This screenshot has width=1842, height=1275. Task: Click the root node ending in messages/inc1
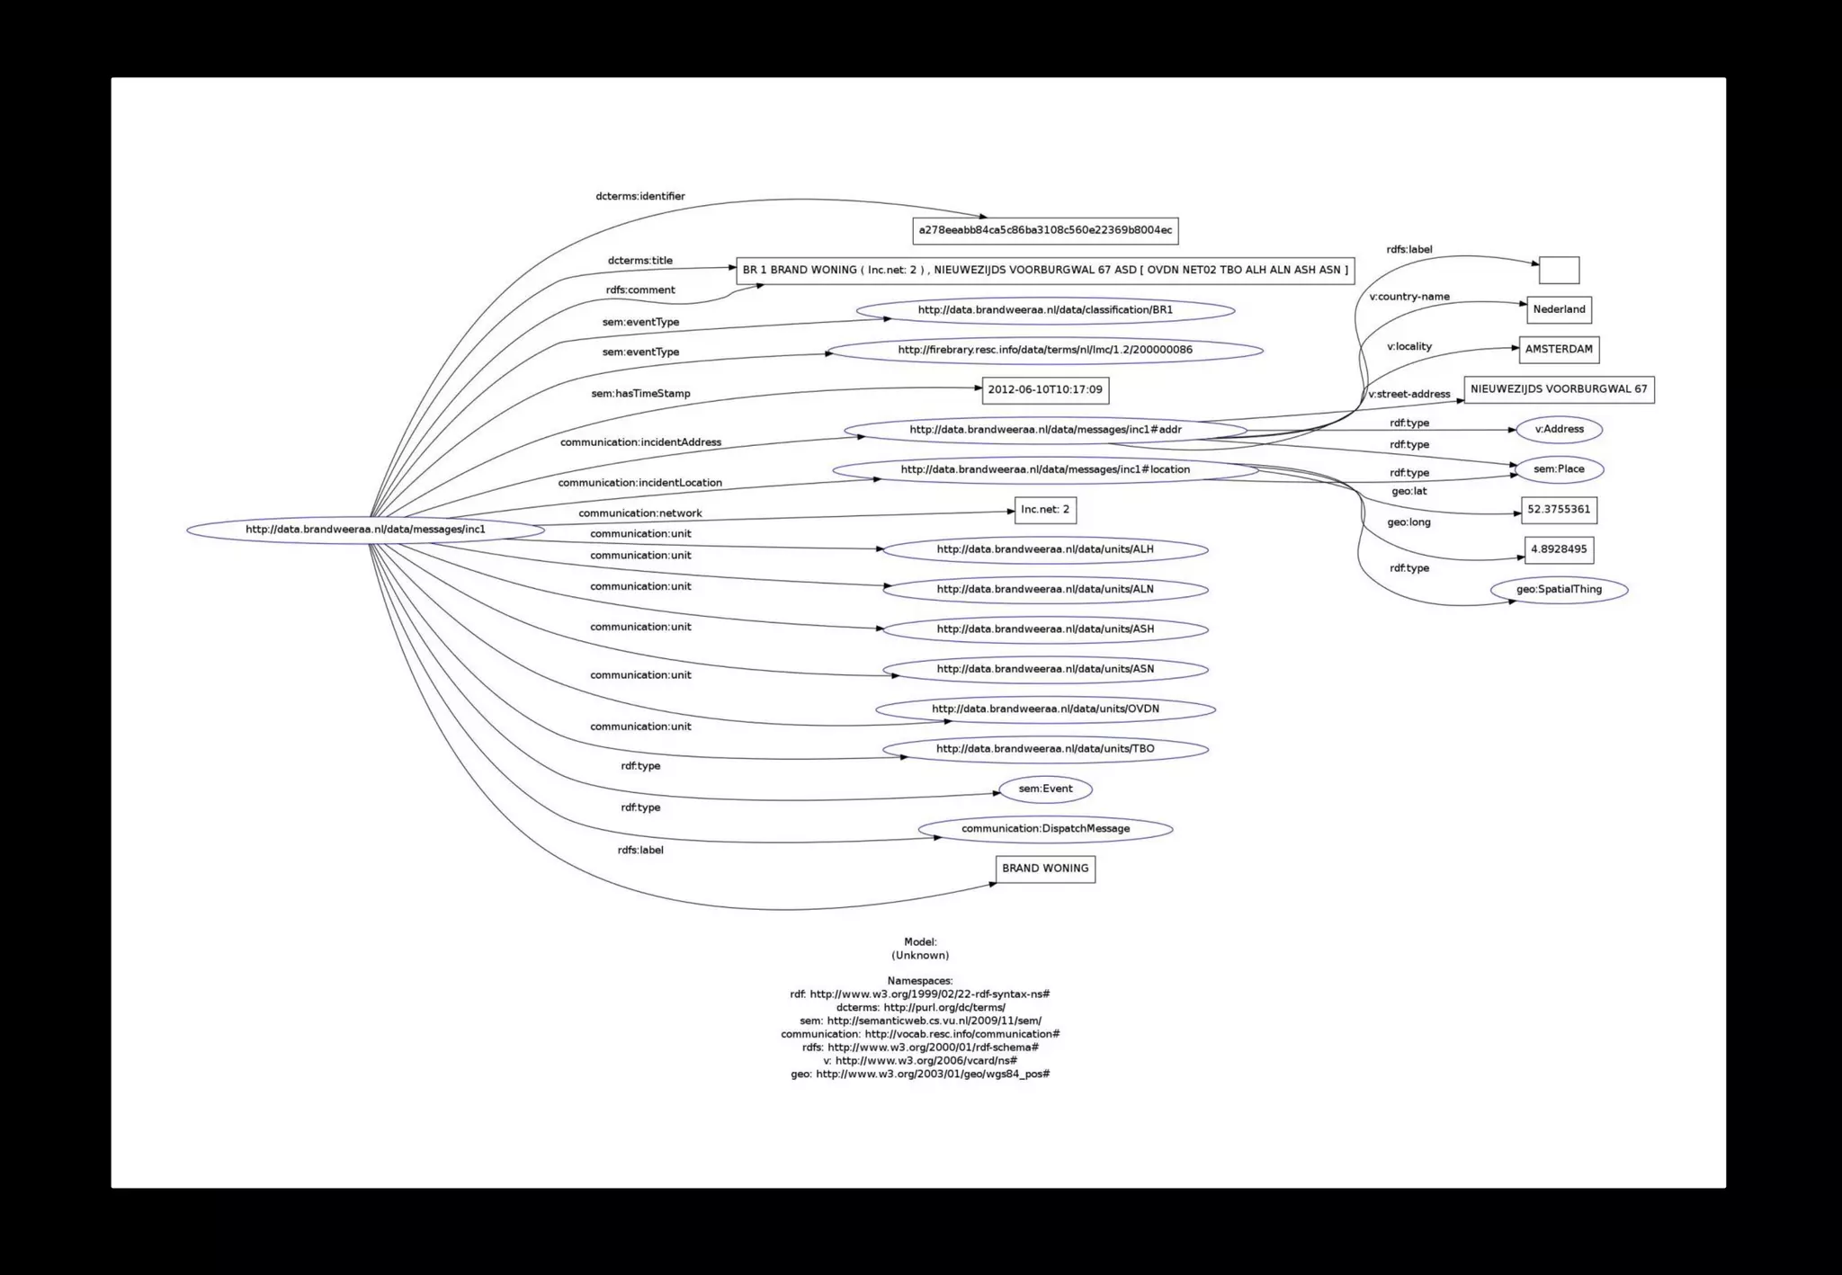(x=365, y=530)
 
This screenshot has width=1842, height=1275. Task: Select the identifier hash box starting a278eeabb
(x=1045, y=230)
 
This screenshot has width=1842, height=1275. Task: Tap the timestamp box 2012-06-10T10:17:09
(x=1045, y=390)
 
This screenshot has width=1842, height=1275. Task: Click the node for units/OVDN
(x=1045, y=709)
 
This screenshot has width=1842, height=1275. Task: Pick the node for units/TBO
(x=1045, y=749)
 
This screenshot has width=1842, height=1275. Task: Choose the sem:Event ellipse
(x=1045, y=789)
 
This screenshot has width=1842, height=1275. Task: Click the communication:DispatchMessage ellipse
(x=1045, y=829)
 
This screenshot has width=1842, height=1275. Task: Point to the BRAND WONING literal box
(x=1045, y=869)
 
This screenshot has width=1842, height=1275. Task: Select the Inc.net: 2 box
(x=1045, y=510)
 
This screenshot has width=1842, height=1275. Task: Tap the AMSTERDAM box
(x=1559, y=350)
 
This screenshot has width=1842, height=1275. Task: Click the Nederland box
(x=1559, y=310)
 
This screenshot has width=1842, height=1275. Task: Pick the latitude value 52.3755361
(x=1559, y=510)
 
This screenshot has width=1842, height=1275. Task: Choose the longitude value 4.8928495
(x=1559, y=549)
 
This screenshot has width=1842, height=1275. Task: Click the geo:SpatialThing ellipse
(x=1559, y=590)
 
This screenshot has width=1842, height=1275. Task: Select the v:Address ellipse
(x=1559, y=430)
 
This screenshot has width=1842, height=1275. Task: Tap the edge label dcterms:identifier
(x=640, y=197)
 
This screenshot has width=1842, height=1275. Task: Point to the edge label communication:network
(x=640, y=513)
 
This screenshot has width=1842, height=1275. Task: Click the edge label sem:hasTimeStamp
(x=640, y=394)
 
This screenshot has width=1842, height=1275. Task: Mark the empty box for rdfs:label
(x=1559, y=270)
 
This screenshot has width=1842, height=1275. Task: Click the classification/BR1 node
(x=1045, y=310)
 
